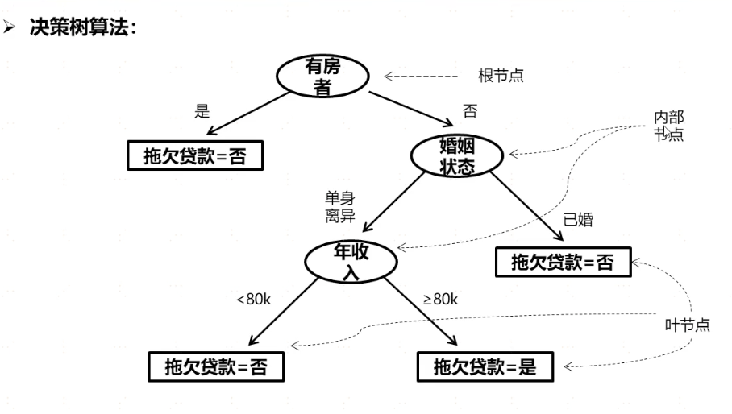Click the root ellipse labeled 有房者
click(322, 77)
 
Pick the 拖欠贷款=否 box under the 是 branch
click(194, 155)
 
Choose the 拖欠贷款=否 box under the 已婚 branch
click(562, 262)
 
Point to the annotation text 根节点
click(501, 77)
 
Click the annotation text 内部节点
click(668, 126)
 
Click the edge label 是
click(202, 111)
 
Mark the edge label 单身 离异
click(339, 208)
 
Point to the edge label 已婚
click(578, 219)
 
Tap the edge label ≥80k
click(440, 300)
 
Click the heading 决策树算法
click(94, 26)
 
